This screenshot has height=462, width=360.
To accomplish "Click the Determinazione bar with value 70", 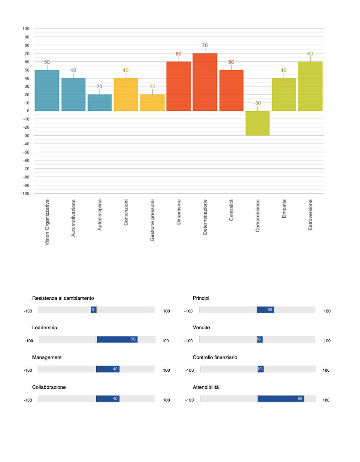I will click(x=205, y=82).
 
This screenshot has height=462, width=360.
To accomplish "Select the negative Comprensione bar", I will click(x=257, y=123).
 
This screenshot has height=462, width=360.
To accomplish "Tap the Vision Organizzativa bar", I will click(x=47, y=90).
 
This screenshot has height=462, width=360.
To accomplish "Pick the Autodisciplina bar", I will click(x=100, y=102).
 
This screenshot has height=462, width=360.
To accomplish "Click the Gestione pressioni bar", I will click(x=152, y=102).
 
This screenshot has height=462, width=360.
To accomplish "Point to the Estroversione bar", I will click(x=310, y=86).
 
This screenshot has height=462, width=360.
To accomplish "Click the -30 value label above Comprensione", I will click(x=257, y=103).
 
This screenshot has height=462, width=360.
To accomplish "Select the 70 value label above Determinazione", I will click(x=205, y=45).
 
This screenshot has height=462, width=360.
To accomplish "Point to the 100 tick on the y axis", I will click(x=26, y=29).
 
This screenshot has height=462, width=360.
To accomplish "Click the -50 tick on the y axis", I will click(x=26, y=152).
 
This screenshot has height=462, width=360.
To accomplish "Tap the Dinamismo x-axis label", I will click(x=179, y=212).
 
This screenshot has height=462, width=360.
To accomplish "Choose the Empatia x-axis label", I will click(x=284, y=209).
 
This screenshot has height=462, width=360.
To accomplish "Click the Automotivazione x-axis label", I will click(x=74, y=218).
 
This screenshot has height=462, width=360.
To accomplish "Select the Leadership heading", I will click(x=45, y=328).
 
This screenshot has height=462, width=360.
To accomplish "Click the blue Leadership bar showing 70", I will click(x=117, y=339).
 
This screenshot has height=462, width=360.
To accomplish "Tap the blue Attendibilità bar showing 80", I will click(x=281, y=399).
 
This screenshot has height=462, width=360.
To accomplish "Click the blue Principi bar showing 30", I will click(x=265, y=310).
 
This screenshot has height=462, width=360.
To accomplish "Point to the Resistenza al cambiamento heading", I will click(x=63, y=298).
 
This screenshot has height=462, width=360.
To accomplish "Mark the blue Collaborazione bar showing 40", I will click(x=108, y=399).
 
